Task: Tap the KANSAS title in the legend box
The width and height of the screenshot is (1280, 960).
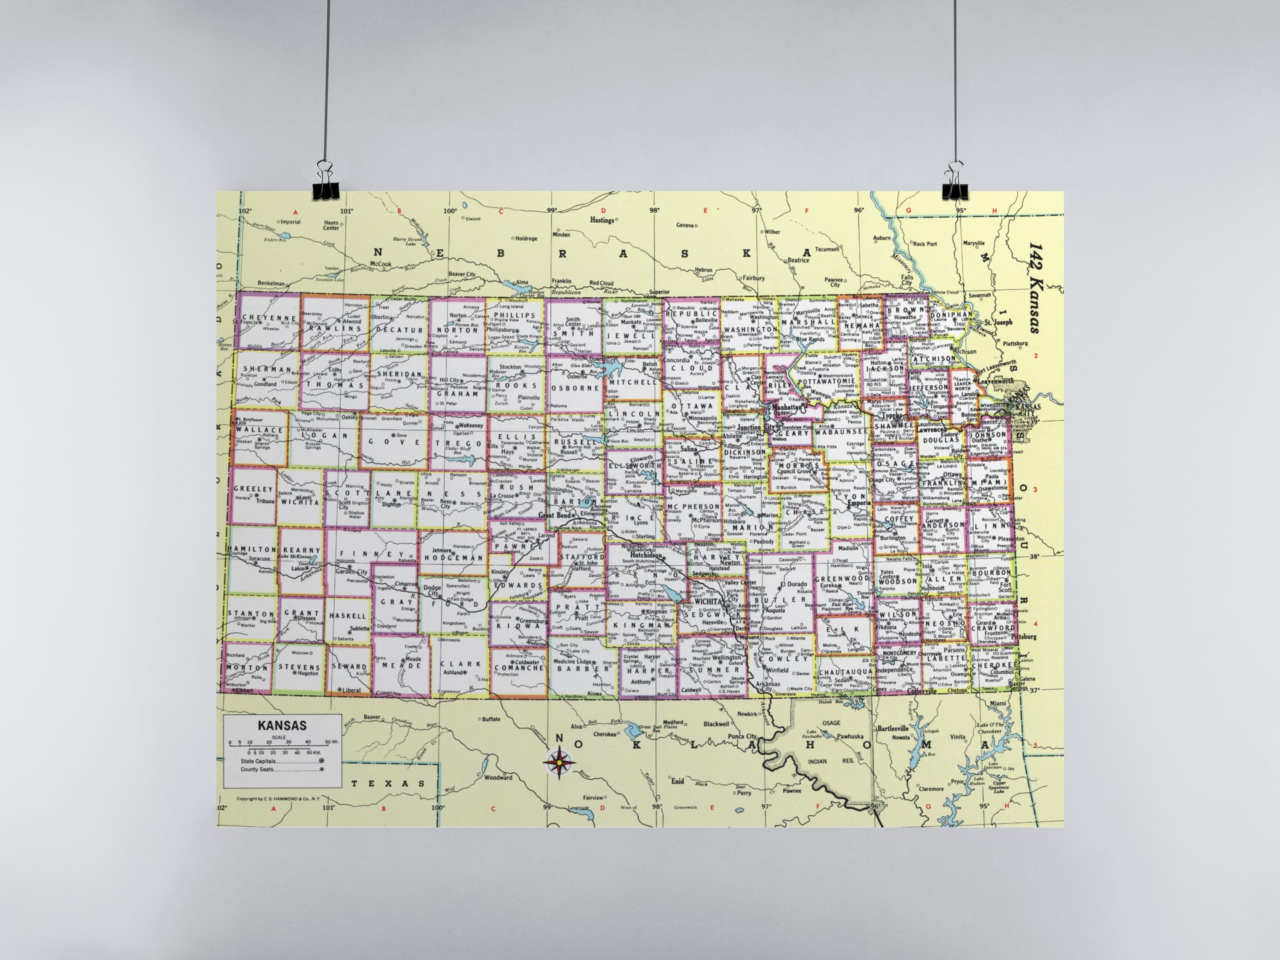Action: pyautogui.click(x=282, y=725)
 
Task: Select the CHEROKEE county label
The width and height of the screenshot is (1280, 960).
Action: pyautogui.click(x=993, y=666)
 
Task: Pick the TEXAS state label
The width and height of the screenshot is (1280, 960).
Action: pyautogui.click(x=388, y=783)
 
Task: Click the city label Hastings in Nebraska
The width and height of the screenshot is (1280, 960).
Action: pyautogui.click(x=602, y=220)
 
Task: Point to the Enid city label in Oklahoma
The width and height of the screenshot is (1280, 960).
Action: pyautogui.click(x=677, y=781)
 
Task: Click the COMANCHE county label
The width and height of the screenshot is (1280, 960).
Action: pyautogui.click(x=519, y=668)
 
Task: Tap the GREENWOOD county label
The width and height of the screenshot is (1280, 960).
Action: pyautogui.click(x=841, y=579)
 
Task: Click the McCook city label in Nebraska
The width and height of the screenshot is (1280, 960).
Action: pyautogui.click(x=381, y=264)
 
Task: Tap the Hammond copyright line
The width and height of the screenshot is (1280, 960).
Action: pyautogui.click(x=278, y=799)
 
